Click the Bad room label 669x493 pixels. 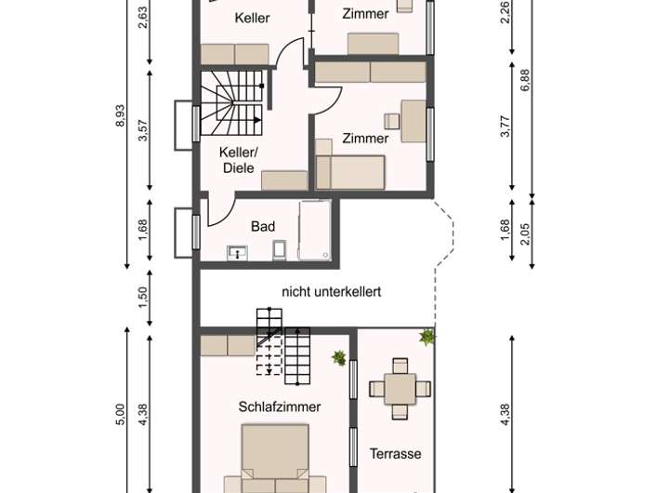click(x=263, y=226)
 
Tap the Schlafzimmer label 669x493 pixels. click(x=280, y=406)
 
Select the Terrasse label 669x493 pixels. click(x=396, y=454)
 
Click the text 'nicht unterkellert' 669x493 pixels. click(x=332, y=292)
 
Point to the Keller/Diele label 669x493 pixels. click(x=239, y=160)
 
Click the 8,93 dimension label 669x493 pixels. click(x=120, y=115)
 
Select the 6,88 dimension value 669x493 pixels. click(x=525, y=80)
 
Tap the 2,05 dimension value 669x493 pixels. click(x=525, y=234)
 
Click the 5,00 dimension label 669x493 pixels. click(x=120, y=414)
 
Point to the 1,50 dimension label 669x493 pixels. click(x=143, y=297)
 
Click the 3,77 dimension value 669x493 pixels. click(x=505, y=126)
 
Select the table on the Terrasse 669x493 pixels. click(x=400, y=389)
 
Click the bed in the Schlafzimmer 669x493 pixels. click(x=275, y=459)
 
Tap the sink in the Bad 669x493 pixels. click(x=237, y=253)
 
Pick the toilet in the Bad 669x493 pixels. click(x=280, y=250)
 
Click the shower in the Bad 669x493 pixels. click(x=315, y=230)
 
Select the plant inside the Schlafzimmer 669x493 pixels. click(x=339, y=358)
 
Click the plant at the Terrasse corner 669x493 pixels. click(x=426, y=337)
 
